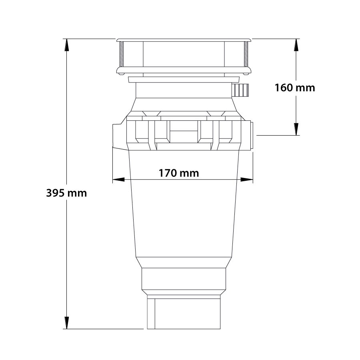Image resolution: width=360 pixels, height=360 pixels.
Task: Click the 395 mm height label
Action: pos(66,193)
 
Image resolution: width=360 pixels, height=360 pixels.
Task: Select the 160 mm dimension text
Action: pos(295,88)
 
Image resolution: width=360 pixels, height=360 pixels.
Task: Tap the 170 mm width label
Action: pos(179,173)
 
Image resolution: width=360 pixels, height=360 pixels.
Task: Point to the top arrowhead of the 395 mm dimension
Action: pos(66,45)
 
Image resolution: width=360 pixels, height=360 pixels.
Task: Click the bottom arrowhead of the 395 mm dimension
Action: pos(66,323)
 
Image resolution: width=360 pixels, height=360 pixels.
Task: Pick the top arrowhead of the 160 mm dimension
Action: pos(296,45)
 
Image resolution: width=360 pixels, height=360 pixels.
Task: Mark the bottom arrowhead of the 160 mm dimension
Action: pos(296,129)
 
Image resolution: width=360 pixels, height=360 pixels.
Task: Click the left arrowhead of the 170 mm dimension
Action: pos(118,180)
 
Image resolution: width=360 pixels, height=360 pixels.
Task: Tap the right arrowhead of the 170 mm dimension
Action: pos(246,180)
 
